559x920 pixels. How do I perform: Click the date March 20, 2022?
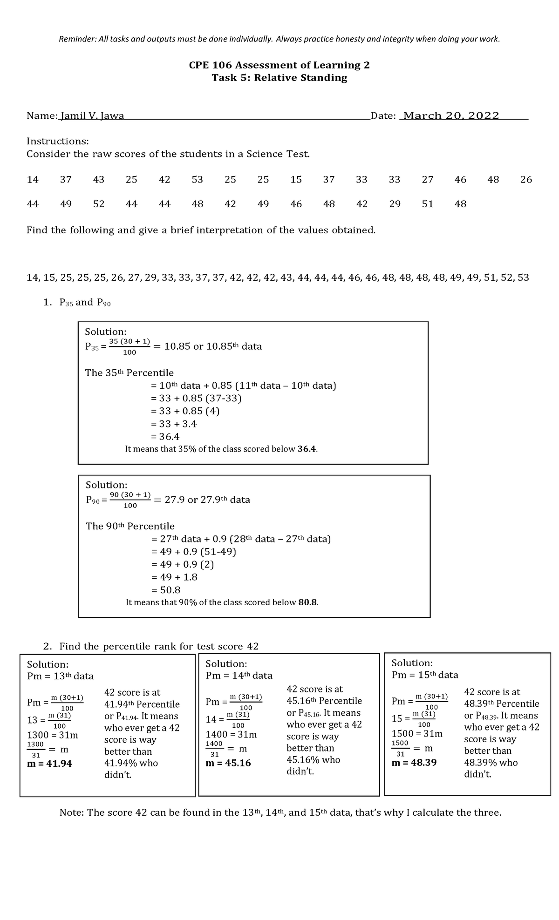pos(451,116)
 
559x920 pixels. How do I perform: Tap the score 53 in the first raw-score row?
pos(198,180)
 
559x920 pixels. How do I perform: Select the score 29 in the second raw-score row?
pos(395,204)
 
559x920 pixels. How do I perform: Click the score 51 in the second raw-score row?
pos(428,204)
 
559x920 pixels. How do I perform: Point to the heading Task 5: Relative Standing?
pos(279,78)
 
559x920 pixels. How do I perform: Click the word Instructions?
pos(57,141)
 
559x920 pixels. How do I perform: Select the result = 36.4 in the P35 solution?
pos(165,437)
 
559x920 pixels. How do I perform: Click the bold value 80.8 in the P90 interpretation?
pos(307,602)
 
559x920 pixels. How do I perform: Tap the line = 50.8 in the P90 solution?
pos(166,590)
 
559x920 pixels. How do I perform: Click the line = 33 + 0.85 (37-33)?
pos(196,398)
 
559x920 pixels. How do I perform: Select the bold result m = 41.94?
pos(49,764)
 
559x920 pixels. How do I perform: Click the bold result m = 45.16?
pos(228,763)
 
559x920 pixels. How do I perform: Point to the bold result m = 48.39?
pos(414,763)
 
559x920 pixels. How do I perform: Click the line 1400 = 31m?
pos(231,735)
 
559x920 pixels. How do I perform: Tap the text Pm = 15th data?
pos(425,675)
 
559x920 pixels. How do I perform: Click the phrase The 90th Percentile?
pos(130,526)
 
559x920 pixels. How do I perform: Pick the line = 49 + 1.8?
pos(174,577)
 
